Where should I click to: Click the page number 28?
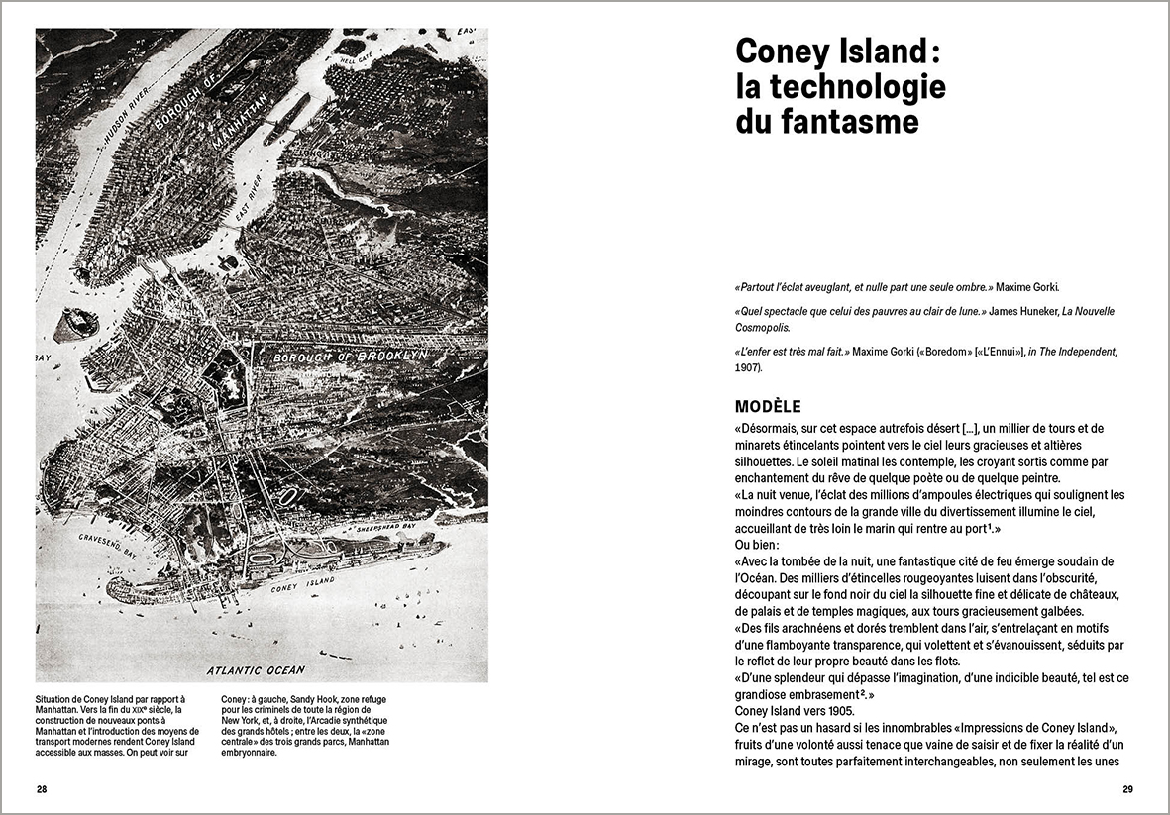(x=42, y=789)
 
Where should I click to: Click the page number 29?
(x=1127, y=789)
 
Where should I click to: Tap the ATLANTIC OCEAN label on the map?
(x=256, y=669)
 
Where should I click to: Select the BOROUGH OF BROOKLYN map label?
(x=350, y=355)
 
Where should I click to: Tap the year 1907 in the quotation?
(x=747, y=367)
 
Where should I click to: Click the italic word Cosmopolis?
(x=768, y=326)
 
